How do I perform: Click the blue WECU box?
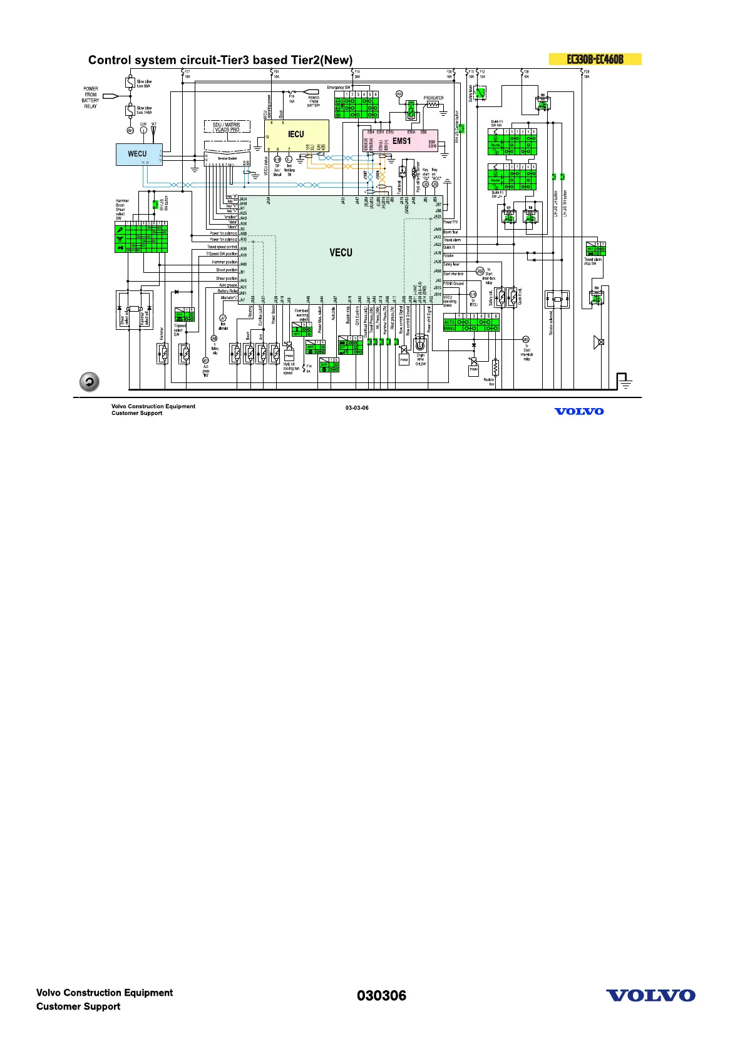coord(138,154)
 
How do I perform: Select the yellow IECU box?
coord(296,135)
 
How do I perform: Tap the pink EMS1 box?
coord(401,141)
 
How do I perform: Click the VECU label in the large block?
coord(341,253)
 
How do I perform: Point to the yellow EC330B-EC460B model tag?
coord(595,59)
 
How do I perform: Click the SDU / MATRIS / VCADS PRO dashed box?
coord(227,127)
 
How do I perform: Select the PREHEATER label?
coord(433,98)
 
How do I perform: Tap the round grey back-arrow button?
coord(90,382)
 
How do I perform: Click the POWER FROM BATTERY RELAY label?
coord(91,98)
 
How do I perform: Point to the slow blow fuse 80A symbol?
coord(130,83)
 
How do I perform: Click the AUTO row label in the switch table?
coord(450,322)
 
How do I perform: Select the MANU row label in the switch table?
coord(450,328)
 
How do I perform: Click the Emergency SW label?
coord(339,88)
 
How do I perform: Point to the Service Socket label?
coord(227,159)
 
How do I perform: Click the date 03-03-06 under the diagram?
coord(357,408)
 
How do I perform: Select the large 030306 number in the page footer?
coord(381,995)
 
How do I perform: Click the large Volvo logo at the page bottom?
coord(650,995)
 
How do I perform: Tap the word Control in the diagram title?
coord(106,60)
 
